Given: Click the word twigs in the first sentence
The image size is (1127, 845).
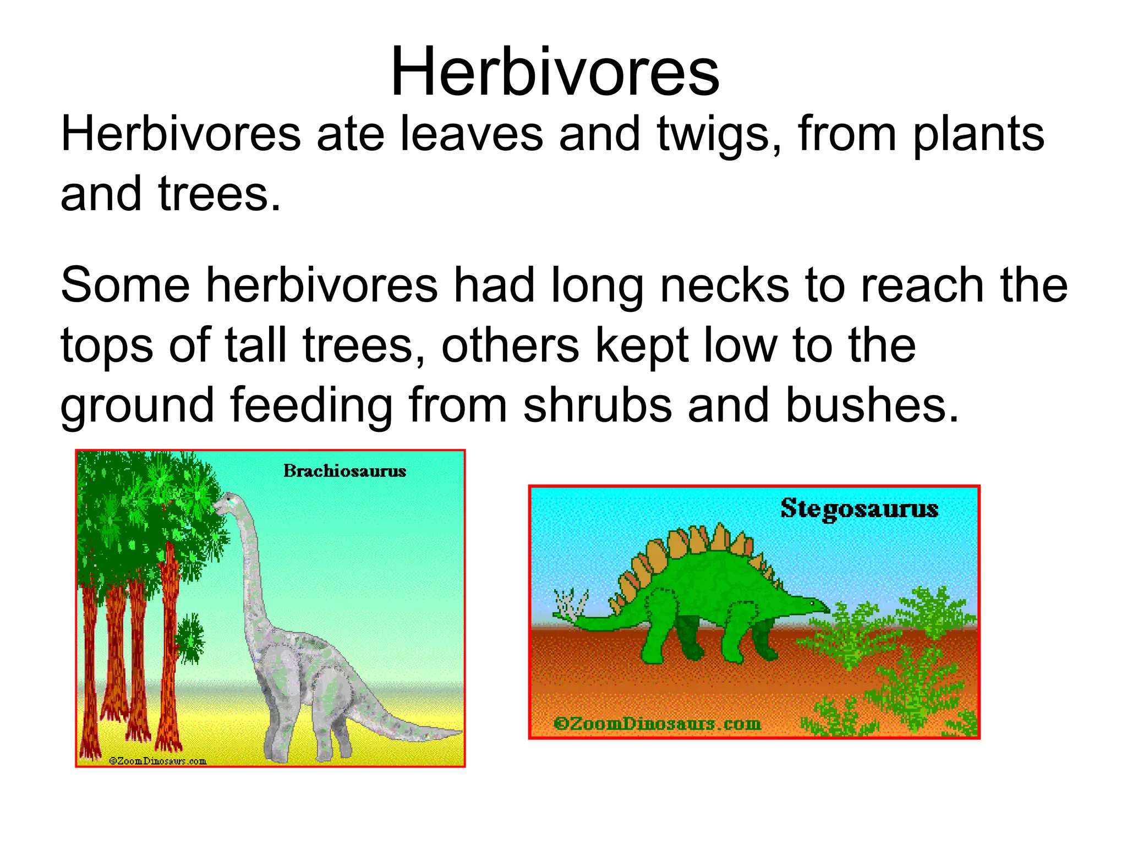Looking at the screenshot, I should point(719,135).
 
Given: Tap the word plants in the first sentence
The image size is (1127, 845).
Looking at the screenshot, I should point(978,135).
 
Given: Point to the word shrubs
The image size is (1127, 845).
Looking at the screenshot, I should point(597,405).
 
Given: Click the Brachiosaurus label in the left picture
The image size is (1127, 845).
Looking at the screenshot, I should point(344,471).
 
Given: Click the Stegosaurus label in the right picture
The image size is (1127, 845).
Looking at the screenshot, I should point(859,508).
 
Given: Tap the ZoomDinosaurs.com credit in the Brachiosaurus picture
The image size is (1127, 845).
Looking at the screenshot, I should point(157,761).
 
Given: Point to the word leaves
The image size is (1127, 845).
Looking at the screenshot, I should point(471,135).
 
